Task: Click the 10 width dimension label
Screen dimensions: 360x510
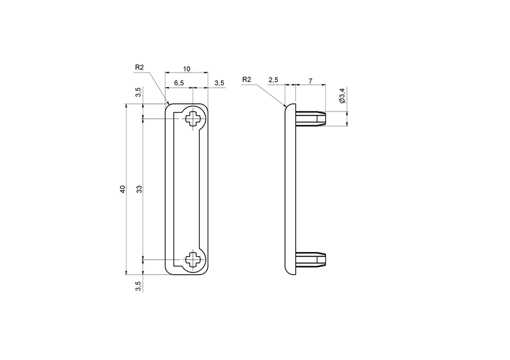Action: (187, 69)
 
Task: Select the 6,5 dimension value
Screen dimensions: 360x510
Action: (179, 83)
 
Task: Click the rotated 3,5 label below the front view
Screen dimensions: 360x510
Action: (139, 286)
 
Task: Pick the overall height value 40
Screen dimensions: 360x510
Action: (122, 189)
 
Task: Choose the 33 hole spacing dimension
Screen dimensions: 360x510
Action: (139, 189)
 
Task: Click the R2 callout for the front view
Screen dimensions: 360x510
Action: (140, 68)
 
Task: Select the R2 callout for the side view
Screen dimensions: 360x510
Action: (247, 79)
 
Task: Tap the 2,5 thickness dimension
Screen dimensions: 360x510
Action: (274, 80)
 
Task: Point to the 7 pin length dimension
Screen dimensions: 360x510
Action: (310, 80)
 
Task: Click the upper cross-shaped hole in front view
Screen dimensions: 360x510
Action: (194, 118)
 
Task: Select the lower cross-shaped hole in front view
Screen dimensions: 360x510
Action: (194, 260)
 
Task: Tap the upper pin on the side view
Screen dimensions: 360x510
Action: (311, 119)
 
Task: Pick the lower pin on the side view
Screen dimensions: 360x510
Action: (311, 259)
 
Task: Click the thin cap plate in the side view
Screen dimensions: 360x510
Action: (290, 189)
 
